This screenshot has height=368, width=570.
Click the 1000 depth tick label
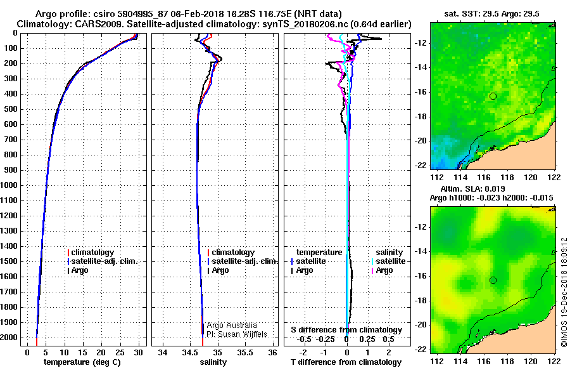(9, 185)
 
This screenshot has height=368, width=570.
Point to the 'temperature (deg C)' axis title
(82, 362)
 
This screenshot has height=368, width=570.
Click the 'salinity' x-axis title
(213, 362)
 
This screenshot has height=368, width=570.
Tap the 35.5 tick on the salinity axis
(245, 353)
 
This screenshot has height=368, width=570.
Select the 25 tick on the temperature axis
(120, 353)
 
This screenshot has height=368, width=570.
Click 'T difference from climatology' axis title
(346, 362)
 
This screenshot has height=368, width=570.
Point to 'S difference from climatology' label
(346, 330)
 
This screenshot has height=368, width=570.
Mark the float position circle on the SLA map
(493, 280)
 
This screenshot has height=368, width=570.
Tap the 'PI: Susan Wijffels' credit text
(237, 334)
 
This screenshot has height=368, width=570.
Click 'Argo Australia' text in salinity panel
(232, 325)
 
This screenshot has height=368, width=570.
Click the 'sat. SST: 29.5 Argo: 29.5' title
(492, 14)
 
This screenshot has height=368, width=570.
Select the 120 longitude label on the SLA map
(531, 362)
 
